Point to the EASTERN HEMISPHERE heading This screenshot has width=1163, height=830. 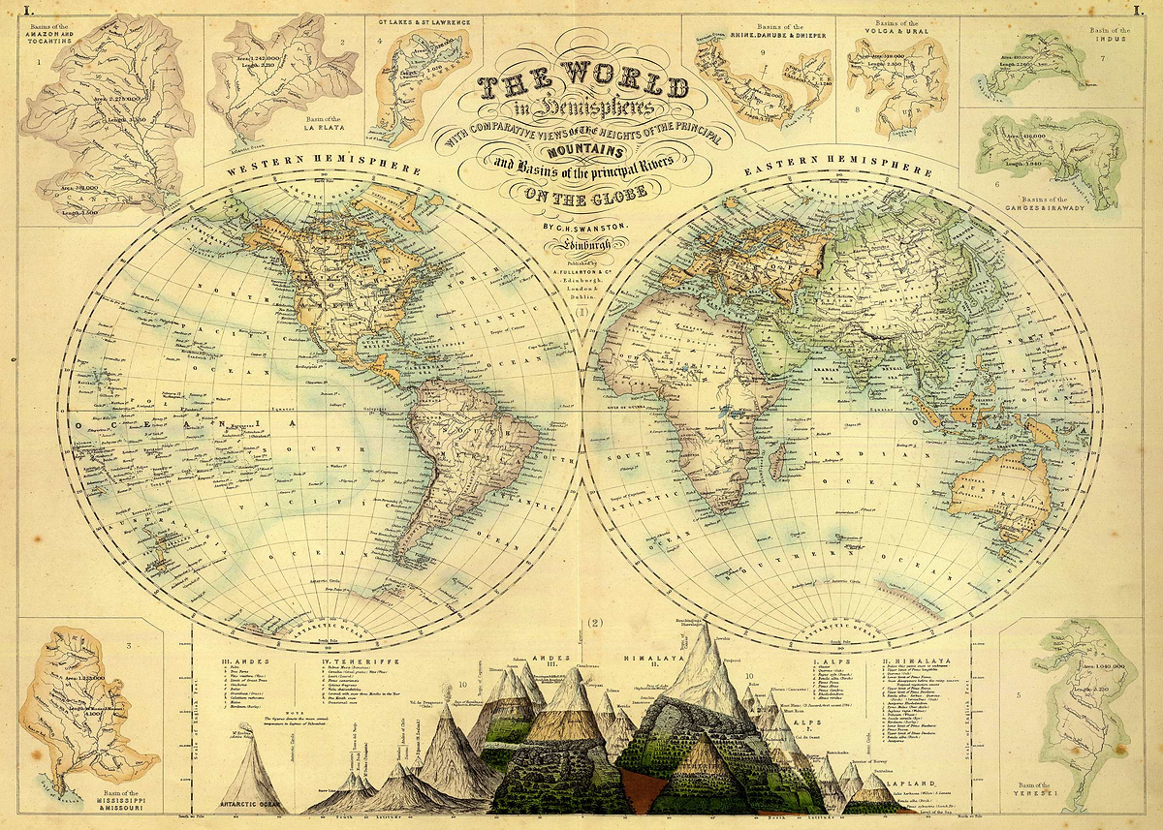[839, 167]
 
